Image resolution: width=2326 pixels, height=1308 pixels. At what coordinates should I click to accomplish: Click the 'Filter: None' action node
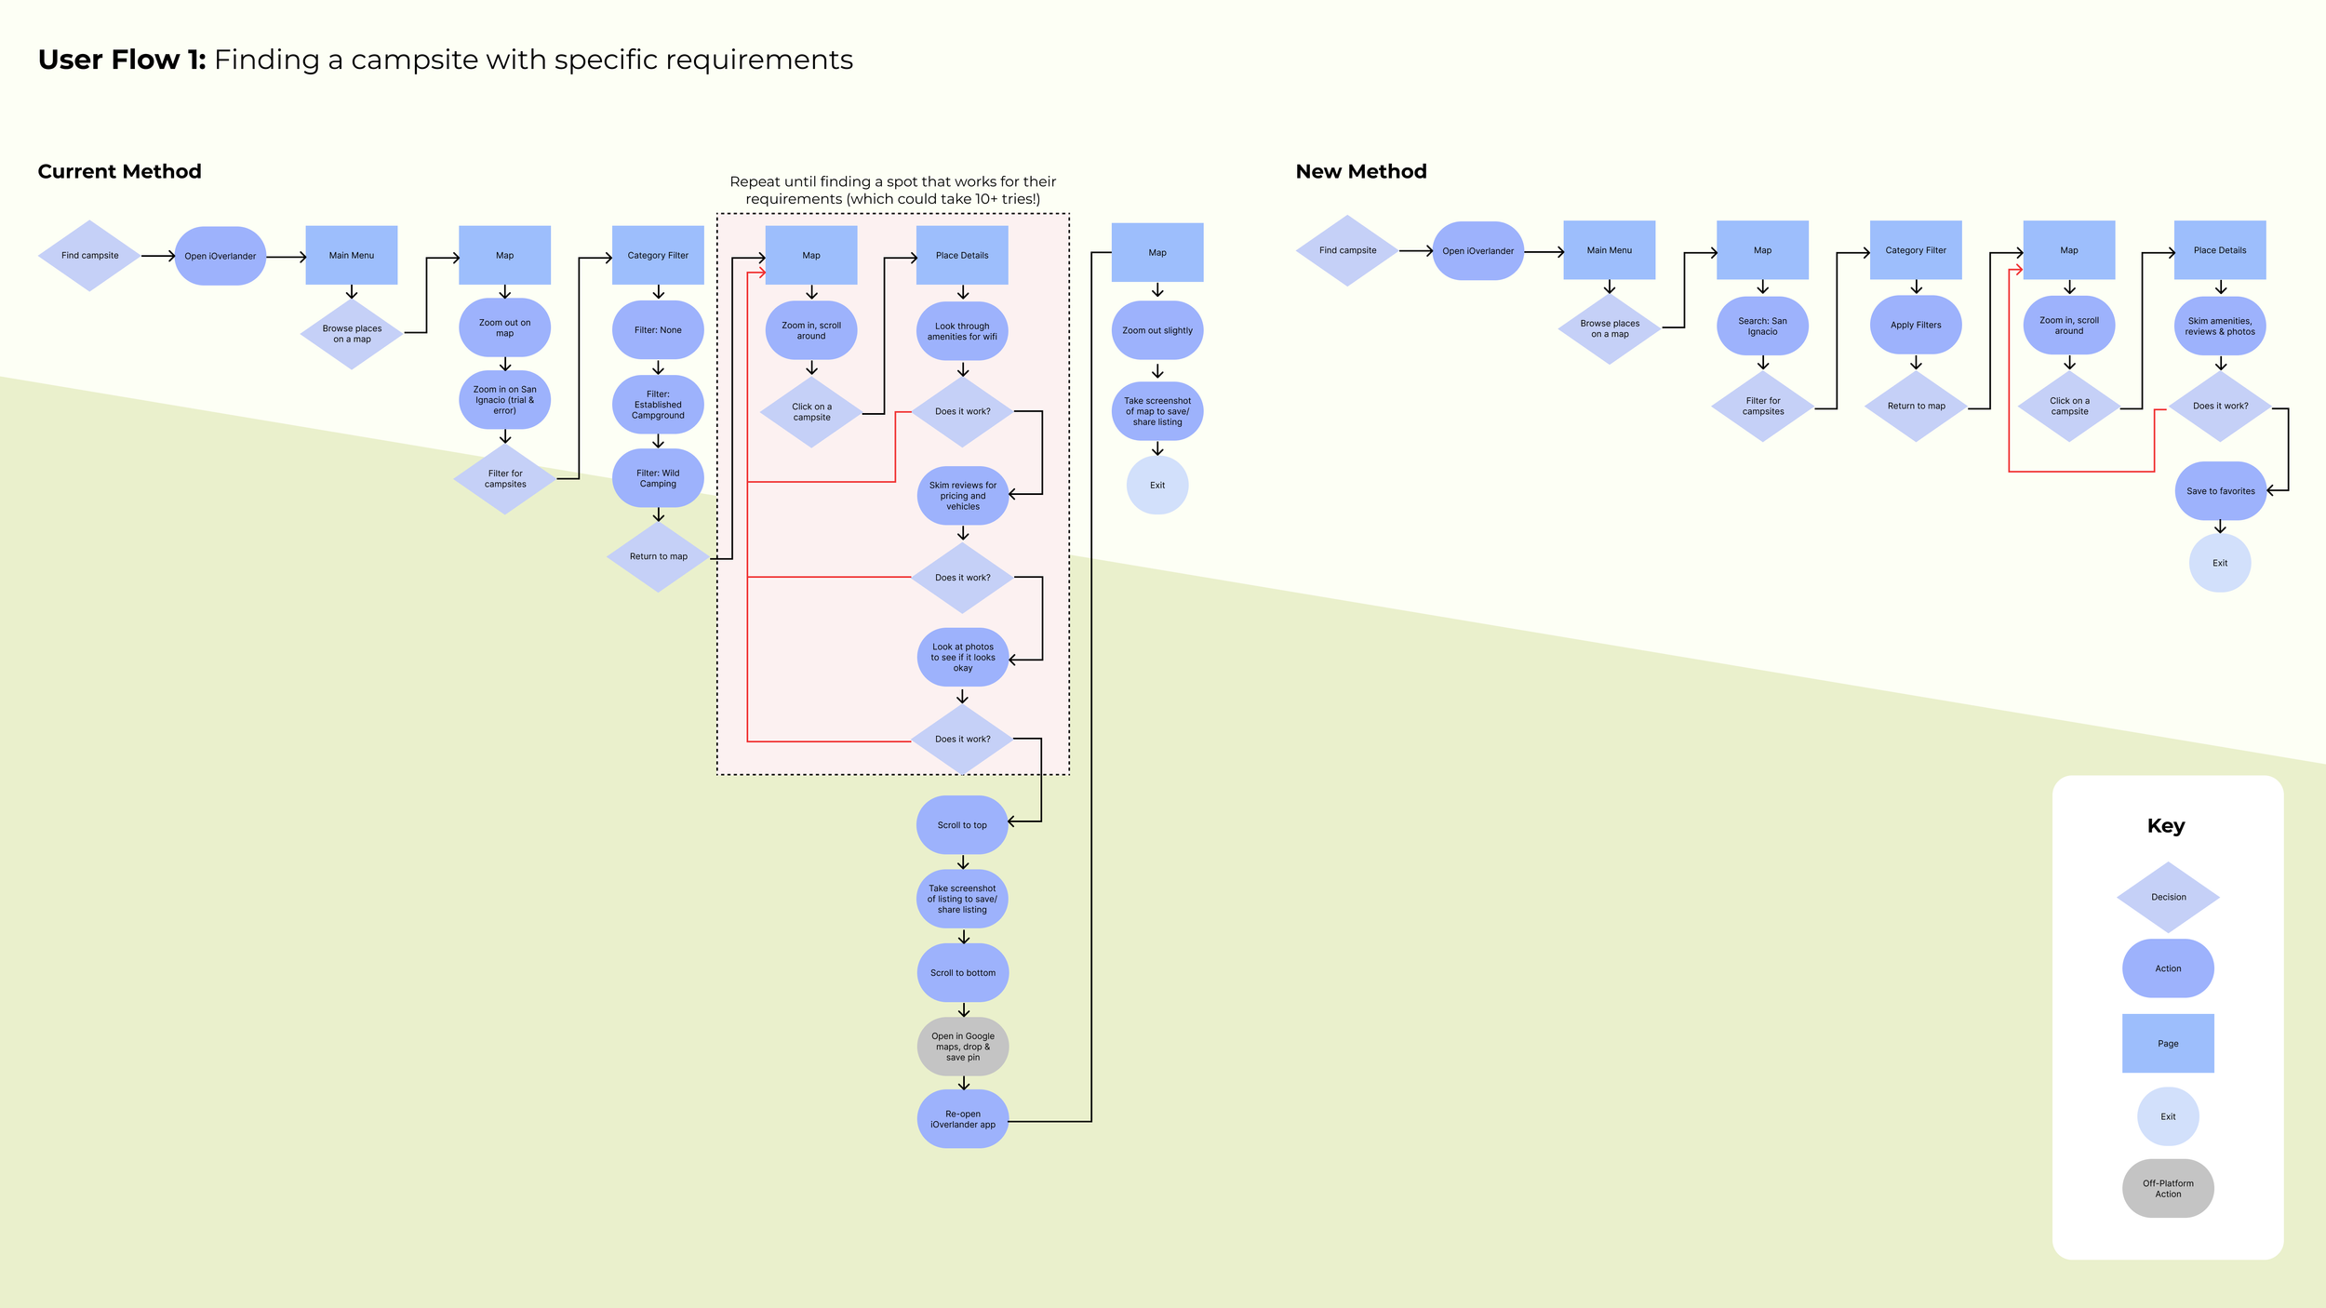[x=658, y=330]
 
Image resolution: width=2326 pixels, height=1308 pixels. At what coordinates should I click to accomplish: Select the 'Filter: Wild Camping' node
[x=658, y=478]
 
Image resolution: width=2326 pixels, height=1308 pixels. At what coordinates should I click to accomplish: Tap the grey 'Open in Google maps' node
[x=963, y=1047]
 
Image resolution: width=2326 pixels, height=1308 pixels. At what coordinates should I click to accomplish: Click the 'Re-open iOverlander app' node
[x=963, y=1119]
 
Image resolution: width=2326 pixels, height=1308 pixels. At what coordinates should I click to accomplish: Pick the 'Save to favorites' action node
[x=2220, y=491]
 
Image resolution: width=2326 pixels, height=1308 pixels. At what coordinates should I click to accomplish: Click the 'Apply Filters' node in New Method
[x=1916, y=326]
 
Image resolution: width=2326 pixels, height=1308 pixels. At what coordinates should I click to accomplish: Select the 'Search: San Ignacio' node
[x=1762, y=327]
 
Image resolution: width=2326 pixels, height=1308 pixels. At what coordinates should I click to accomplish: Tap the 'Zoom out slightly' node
[x=1157, y=330]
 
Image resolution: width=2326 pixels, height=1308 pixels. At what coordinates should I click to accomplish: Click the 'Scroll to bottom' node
[x=963, y=973]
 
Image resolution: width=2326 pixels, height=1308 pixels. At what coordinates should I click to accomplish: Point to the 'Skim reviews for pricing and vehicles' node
[x=963, y=496]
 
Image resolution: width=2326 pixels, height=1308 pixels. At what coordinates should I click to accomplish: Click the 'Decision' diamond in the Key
[x=2168, y=897]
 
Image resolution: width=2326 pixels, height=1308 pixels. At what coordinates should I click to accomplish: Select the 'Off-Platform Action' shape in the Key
[x=2168, y=1188]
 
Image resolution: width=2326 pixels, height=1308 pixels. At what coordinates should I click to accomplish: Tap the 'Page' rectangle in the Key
[x=2168, y=1043]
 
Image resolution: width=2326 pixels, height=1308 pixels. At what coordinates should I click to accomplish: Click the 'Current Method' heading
[x=119, y=171]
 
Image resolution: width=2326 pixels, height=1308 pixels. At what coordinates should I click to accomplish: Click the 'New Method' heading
[x=1360, y=171]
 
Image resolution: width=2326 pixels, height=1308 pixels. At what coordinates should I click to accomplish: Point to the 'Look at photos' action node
[x=963, y=658]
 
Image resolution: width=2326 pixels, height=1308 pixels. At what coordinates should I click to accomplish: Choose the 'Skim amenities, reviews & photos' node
[x=2220, y=327]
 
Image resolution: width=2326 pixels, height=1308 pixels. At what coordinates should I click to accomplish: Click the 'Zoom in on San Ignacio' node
[x=504, y=401]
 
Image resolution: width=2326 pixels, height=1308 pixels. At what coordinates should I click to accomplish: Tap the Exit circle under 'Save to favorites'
[x=2220, y=563]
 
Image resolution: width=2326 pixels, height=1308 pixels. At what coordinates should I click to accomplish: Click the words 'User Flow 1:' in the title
[x=122, y=60]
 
